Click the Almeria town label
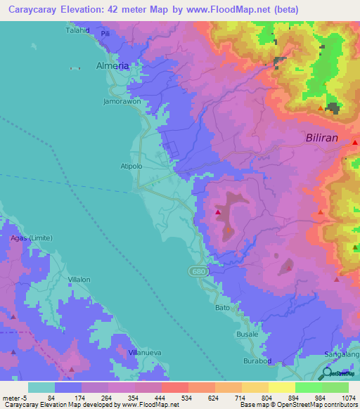[x=112, y=65]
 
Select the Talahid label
[x=79, y=31]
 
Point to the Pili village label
[x=105, y=33]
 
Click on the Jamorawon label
[x=122, y=101]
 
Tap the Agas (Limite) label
[x=28, y=238]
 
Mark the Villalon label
[x=79, y=279]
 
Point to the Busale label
[x=247, y=334]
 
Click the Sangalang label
[x=342, y=356]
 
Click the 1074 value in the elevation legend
[x=340, y=398]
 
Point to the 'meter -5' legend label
[x=15, y=398]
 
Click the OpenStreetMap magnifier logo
[x=328, y=374]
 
